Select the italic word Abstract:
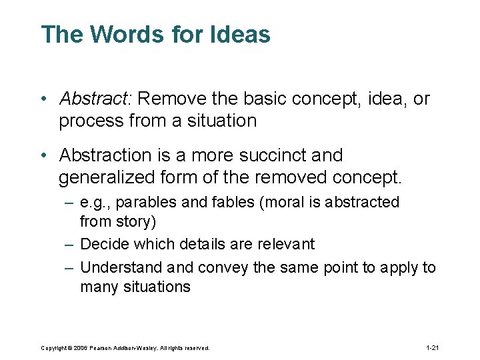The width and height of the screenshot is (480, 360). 96,99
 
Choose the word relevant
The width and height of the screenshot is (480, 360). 283,244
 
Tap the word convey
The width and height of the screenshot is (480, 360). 219,267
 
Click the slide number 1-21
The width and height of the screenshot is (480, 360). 432,348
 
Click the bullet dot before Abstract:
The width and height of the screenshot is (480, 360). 42,100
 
